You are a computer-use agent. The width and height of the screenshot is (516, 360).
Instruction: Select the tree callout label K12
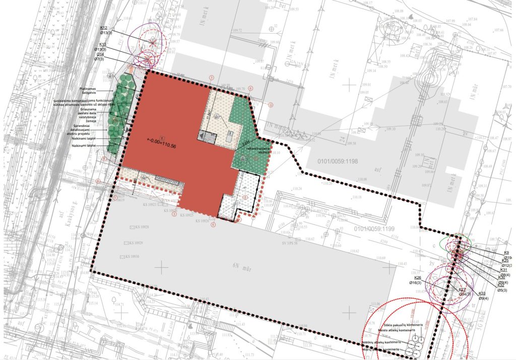click(104, 28)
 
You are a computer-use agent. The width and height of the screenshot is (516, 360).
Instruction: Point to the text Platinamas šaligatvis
click(89, 91)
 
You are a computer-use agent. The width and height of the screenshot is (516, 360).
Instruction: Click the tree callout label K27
click(462, 290)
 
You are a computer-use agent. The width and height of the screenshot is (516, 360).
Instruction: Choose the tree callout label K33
click(482, 294)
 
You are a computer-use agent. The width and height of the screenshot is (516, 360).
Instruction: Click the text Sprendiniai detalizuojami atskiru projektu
click(92, 129)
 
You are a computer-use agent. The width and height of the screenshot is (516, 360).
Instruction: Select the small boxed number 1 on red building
click(161, 137)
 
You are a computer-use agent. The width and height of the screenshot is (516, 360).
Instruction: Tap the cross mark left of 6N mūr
click(161, 267)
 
